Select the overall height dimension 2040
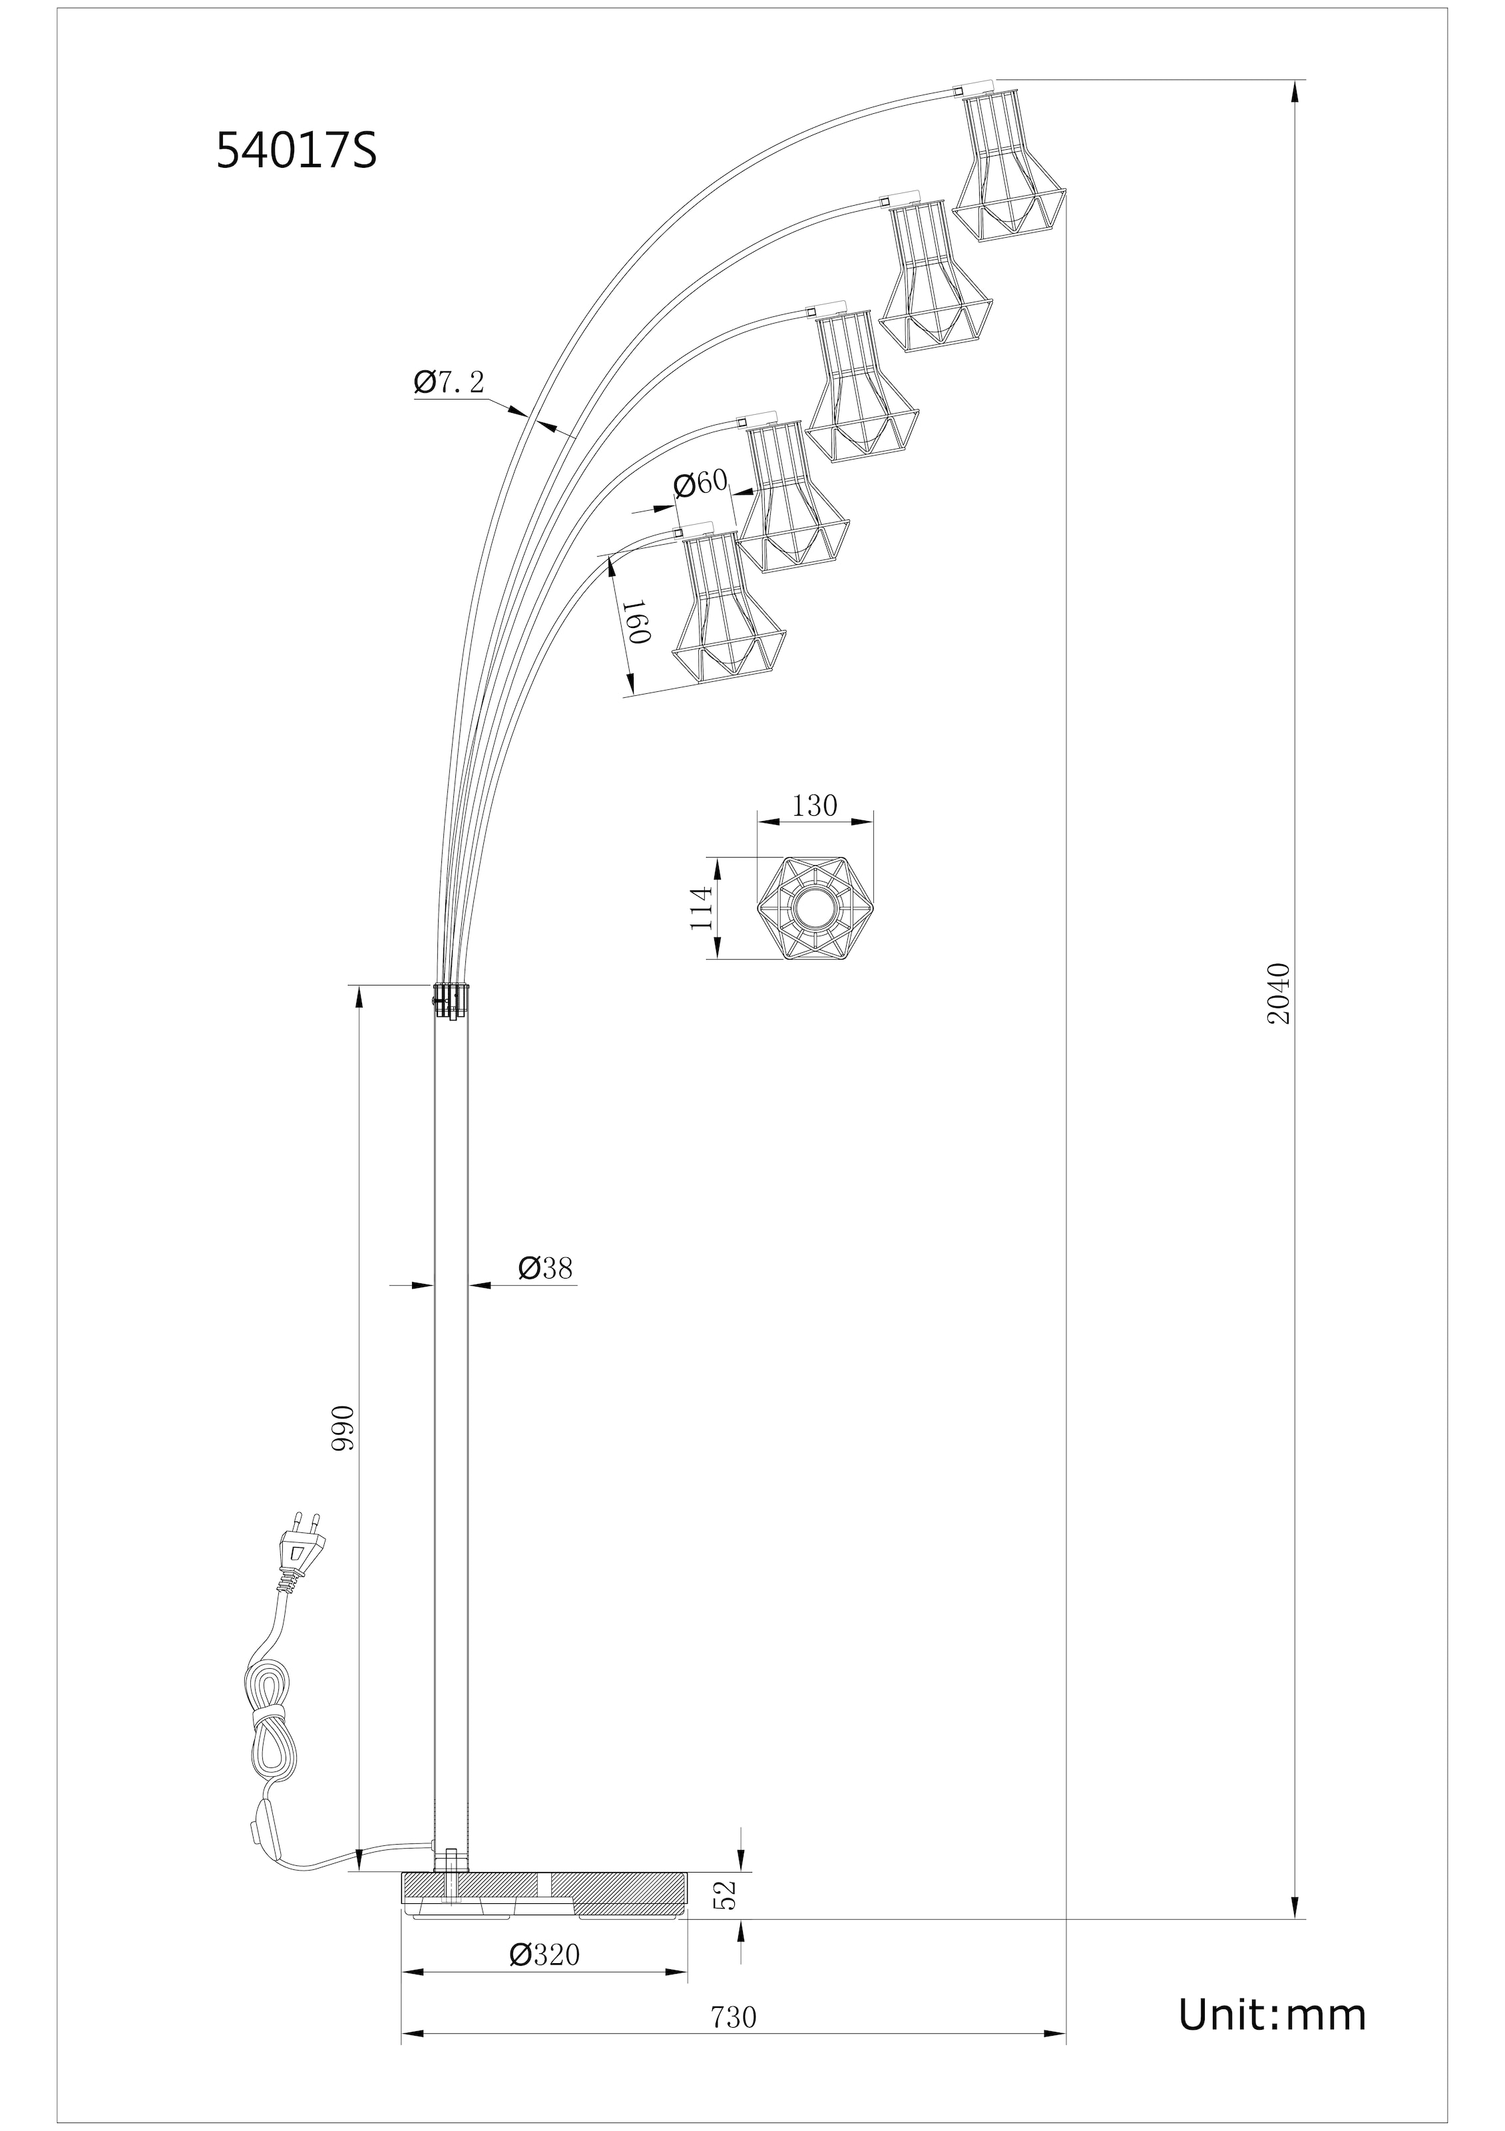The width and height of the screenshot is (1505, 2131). click(1279, 993)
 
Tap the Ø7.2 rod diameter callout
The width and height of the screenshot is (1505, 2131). click(449, 382)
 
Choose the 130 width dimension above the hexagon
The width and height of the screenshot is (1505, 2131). click(815, 806)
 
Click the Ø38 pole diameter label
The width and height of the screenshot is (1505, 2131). click(546, 1268)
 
